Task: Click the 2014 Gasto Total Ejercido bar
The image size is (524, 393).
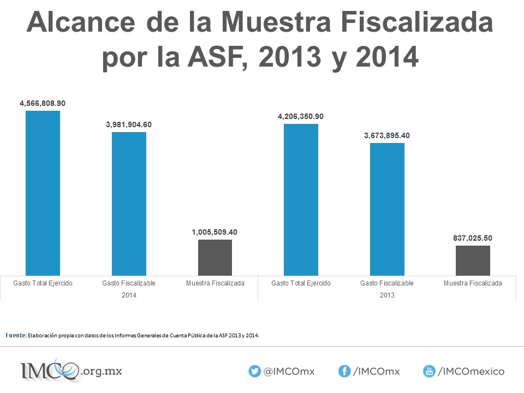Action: [43, 193]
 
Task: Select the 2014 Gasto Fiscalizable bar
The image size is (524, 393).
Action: [129, 204]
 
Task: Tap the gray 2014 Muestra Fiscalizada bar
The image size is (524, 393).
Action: [215, 258]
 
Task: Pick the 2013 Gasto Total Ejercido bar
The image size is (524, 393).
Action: [301, 200]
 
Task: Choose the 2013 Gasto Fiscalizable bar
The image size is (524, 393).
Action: [387, 209]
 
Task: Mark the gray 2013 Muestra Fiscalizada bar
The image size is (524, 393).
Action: [473, 261]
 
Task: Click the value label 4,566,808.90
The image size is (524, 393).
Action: [43, 103]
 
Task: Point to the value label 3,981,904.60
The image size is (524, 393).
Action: [129, 124]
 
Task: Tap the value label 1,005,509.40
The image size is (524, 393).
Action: [215, 233]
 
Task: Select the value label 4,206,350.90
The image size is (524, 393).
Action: [301, 117]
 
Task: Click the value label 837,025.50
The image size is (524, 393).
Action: [473, 239]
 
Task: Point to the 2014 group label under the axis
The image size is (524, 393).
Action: [129, 295]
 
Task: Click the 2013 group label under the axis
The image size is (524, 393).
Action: [387, 295]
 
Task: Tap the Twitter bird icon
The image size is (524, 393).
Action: [255, 371]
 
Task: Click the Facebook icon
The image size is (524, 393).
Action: [344, 371]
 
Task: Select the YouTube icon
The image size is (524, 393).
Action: [429, 371]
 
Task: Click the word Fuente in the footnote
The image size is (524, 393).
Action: [16, 335]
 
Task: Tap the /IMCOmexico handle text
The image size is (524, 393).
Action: [471, 371]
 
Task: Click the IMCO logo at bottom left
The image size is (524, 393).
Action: [71, 370]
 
